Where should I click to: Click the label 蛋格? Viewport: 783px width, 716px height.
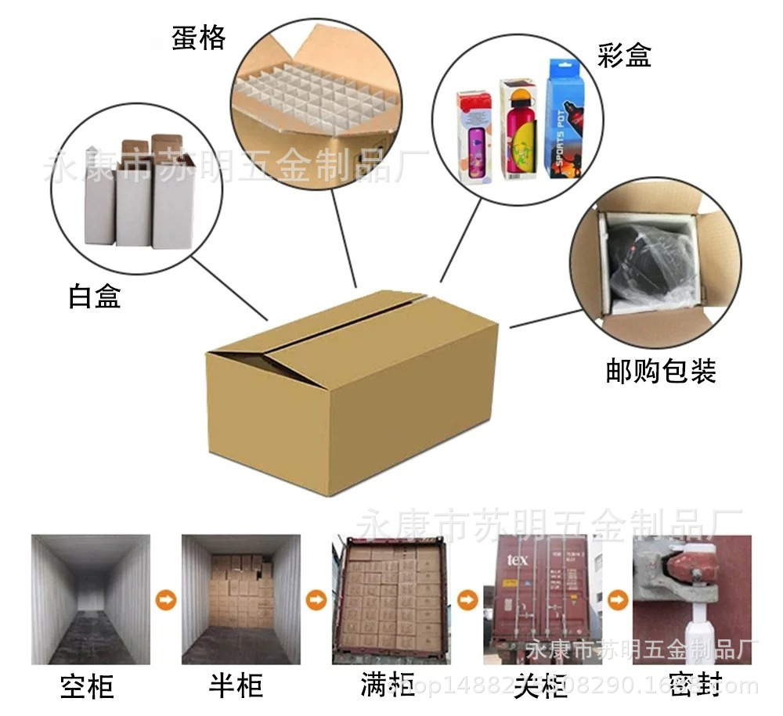[199, 38]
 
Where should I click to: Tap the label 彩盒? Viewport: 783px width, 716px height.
[623, 56]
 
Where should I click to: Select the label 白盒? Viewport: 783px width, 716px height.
[95, 297]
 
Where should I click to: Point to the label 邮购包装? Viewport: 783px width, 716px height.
[661, 370]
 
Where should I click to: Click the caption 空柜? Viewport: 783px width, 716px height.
[87, 686]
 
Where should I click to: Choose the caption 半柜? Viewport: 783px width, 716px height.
[236, 685]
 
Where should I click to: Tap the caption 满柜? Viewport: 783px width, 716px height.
[387, 685]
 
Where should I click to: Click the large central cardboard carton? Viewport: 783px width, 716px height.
[352, 391]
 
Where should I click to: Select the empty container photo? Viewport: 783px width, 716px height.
[90, 599]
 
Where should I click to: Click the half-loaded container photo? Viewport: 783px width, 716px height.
[240, 599]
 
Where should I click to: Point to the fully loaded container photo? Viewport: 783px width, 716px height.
[391, 599]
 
